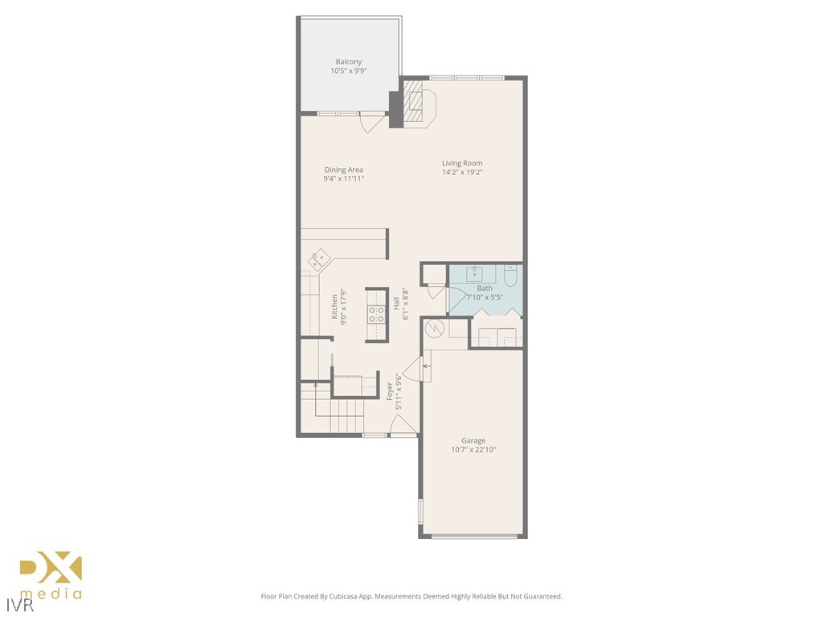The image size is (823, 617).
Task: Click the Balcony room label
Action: pyautogui.click(x=348, y=62)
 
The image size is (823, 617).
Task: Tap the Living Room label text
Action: pyautogui.click(x=462, y=163)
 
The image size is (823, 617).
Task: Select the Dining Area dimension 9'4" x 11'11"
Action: pyautogui.click(x=344, y=178)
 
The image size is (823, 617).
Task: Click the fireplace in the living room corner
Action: pyautogui.click(x=418, y=103)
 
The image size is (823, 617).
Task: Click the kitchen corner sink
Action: pyautogui.click(x=318, y=259)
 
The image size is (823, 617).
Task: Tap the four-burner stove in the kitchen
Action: pyautogui.click(x=376, y=313)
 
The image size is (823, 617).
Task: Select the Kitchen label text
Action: pyautogui.click(x=334, y=305)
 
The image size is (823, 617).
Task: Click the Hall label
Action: pyautogui.click(x=396, y=304)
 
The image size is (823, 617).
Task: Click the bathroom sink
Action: pyautogui.click(x=475, y=272)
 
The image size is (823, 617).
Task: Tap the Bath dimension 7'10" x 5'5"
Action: pyautogui.click(x=485, y=297)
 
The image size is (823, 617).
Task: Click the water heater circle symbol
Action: pyautogui.click(x=434, y=328)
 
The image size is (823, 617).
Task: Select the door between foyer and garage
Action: pyautogui.click(x=414, y=370)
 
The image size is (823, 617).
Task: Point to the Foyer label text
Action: pyautogui.click(x=390, y=391)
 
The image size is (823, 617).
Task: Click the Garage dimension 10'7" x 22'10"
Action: pyautogui.click(x=473, y=450)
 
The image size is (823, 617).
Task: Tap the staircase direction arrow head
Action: pyautogui.click(x=315, y=385)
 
